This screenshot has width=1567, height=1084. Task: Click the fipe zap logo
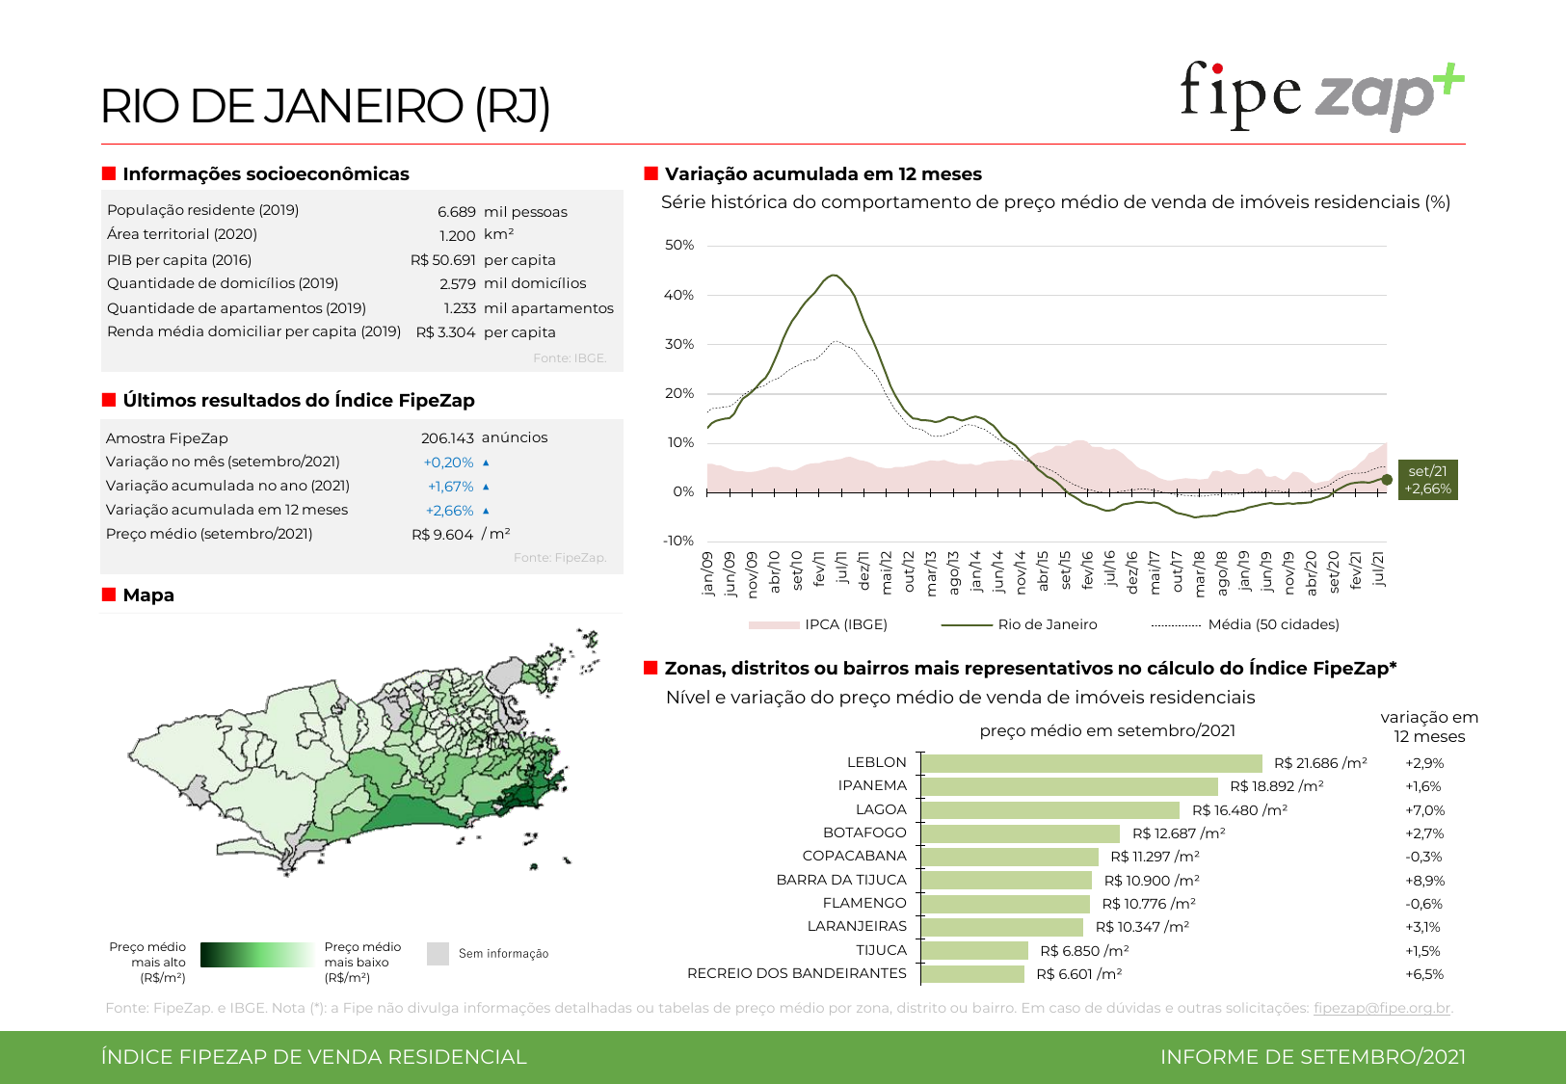[x=1321, y=95]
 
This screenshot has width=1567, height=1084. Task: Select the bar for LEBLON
[x=1091, y=763]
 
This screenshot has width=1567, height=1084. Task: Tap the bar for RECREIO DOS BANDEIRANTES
[x=972, y=974]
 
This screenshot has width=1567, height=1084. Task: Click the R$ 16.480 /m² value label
[x=1239, y=810]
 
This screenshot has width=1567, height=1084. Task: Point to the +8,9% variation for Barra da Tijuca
[x=1424, y=881]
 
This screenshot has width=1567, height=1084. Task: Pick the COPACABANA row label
[x=854, y=856]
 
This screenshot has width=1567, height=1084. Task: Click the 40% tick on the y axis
[x=678, y=295]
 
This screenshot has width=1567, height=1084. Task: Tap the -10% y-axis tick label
[x=677, y=541]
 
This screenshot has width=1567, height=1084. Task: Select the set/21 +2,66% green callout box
[x=1427, y=480]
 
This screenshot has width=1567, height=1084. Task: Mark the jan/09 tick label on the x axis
[x=708, y=574]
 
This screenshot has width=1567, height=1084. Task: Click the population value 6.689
[x=456, y=212]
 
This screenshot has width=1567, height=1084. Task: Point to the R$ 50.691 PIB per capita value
[x=442, y=260]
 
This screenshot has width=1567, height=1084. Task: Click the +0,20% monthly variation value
[x=448, y=463]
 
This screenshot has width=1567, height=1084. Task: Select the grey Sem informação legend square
[x=438, y=954]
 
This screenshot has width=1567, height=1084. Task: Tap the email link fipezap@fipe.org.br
[x=1381, y=1008]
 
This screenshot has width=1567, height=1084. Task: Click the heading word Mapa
[x=148, y=595]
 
